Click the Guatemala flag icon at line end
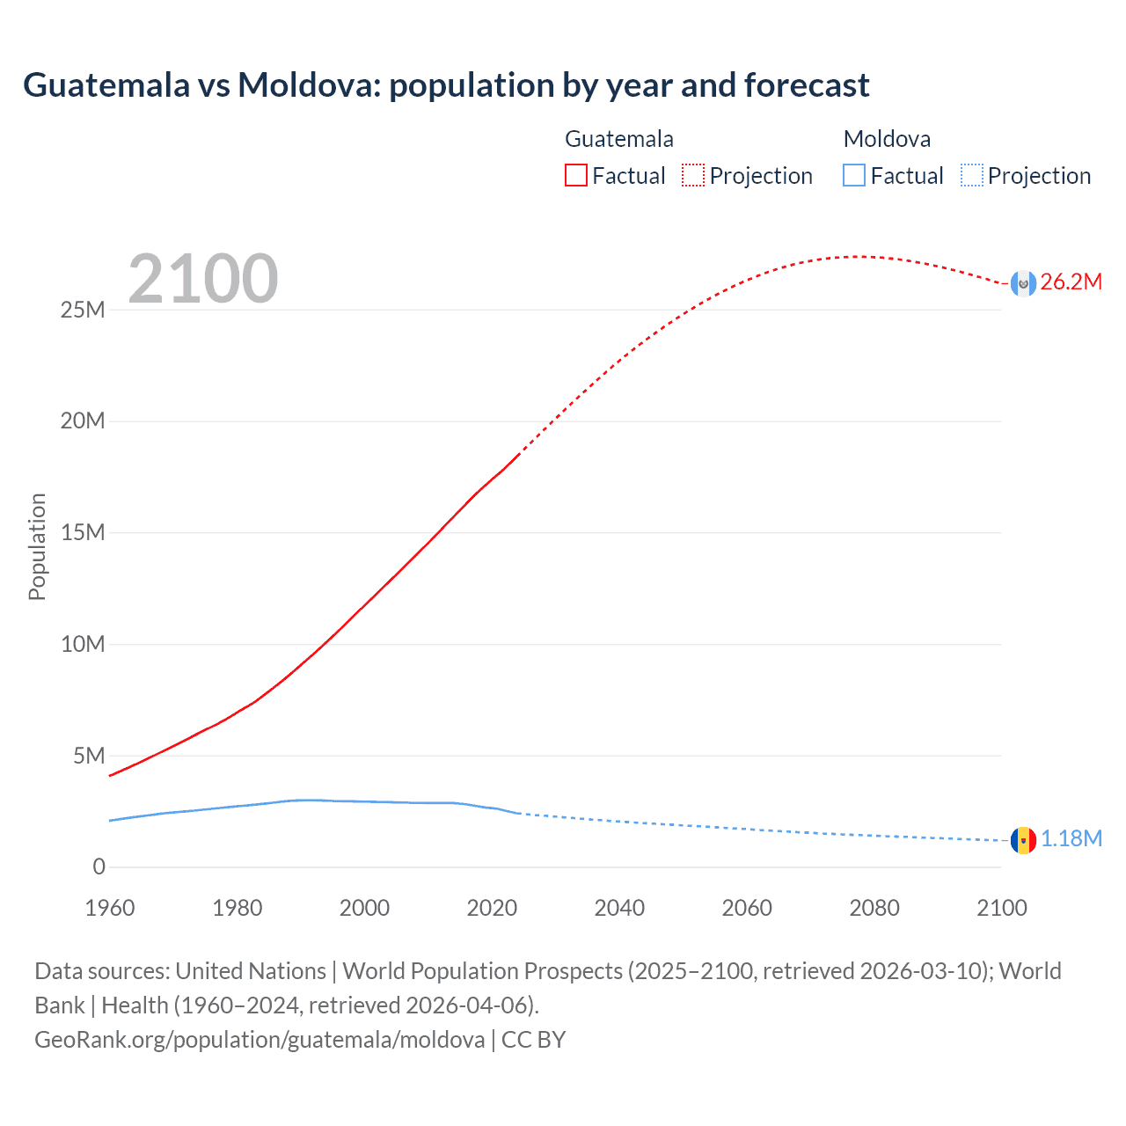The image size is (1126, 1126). (1023, 283)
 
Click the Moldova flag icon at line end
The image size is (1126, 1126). (1023, 840)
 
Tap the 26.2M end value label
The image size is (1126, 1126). (1071, 282)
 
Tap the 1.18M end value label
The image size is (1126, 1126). (1071, 839)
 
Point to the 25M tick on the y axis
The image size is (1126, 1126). (83, 311)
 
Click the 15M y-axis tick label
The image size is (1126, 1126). (83, 533)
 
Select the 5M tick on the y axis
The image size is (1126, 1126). (89, 757)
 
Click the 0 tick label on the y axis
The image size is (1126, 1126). (99, 867)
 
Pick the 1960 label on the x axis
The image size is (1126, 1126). (110, 909)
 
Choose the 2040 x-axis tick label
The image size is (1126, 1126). (619, 909)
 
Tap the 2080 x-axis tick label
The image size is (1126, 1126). (874, 909)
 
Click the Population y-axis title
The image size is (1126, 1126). (37, 547)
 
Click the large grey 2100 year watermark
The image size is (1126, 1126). (203, 280)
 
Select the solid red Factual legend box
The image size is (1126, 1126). (575, 176)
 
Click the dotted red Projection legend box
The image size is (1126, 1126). (693, 176)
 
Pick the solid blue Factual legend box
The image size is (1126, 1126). (854, 176)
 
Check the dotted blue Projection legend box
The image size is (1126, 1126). (972, 176)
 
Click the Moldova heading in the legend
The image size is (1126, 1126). (887, 139)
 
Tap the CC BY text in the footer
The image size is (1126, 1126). (533, 1040)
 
